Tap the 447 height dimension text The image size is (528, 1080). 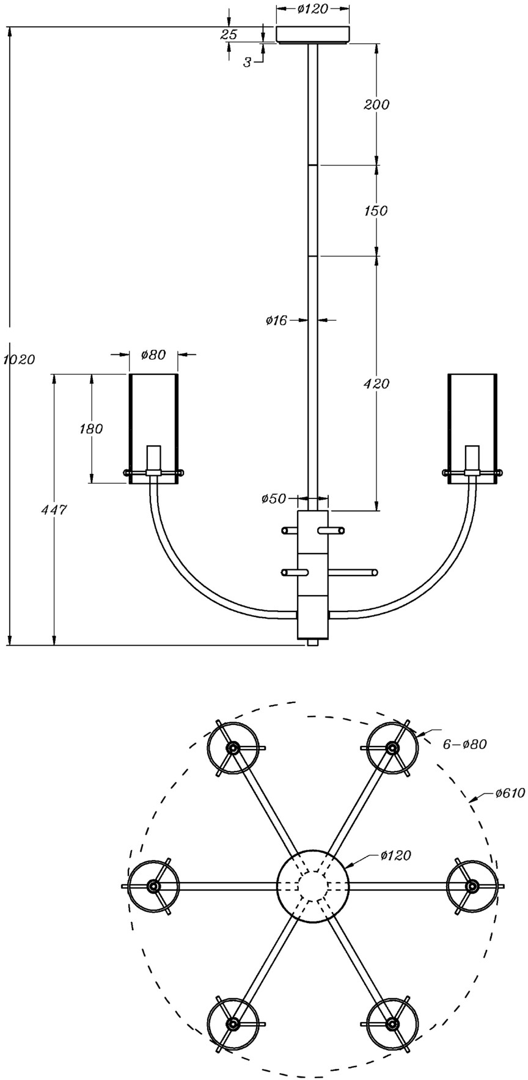(x=54, y=509)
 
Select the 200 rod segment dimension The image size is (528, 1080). (x=376, y=104)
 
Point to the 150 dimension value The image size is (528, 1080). (x=376, y=211)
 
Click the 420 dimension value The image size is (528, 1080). (x=376, y=384)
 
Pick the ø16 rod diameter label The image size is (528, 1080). (x=276, y=320)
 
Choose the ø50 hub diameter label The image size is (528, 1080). (x=274, y=499)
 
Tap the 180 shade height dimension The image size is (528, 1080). (x=91, y=429)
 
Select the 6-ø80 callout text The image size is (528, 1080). (x=466, y=744)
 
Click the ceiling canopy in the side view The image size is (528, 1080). (x=313, y=35)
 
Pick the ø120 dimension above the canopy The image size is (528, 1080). (x=312, y=9)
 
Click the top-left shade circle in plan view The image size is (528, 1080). (x=232, y=748)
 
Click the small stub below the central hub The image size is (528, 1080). (x=313, y=643)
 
